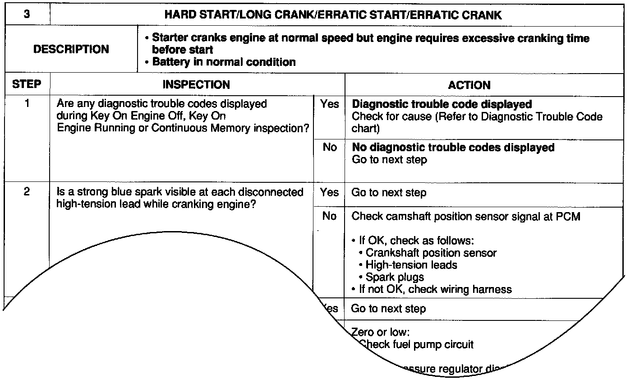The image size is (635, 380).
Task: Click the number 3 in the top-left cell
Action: point(27,14)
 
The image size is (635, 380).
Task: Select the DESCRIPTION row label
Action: point(71,49)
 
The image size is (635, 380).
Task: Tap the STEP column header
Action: point(27,84)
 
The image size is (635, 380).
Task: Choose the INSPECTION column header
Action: point(196,84)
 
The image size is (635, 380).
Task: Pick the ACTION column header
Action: point(469,85)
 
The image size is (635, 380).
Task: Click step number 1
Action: point(27,104)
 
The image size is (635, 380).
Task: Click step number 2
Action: point(27,192)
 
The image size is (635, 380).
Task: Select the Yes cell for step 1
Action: point(329,104)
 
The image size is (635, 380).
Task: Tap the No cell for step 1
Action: point(330,147)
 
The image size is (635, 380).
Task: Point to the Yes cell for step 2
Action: point(329,192)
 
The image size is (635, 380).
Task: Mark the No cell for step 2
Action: point(329,216)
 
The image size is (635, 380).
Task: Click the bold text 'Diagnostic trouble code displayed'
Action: point(442,104)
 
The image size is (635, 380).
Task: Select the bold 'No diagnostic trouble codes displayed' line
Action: point(453,147)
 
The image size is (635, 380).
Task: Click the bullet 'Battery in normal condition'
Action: point(224,62)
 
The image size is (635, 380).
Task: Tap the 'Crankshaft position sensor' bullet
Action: point(431,253)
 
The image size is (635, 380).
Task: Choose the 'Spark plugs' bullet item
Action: point(395,277)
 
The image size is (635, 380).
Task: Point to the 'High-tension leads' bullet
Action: point(411,265)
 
